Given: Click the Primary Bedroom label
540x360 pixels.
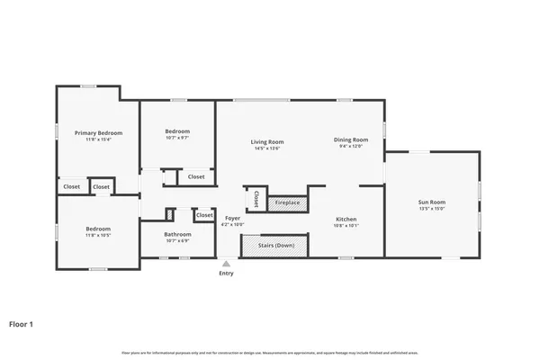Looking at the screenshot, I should (97, 132).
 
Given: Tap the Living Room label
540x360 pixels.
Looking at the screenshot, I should (266, 141).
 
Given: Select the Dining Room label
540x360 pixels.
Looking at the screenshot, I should (351, 139).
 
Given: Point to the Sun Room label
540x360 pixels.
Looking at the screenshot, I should (431, 202).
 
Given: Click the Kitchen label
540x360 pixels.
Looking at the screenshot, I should (346, 220).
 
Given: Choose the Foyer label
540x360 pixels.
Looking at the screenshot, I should (232, 218).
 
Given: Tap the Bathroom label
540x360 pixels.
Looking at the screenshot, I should (177, 235).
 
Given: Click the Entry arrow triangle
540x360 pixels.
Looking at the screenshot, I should (226, 264).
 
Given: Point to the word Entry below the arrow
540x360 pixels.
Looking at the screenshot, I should (226, 274).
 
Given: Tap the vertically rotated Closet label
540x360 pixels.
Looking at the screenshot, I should (256, 198).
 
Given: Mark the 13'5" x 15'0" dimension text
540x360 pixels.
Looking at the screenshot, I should (431, 209).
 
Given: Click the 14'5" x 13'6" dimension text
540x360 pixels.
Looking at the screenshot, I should (266, 148).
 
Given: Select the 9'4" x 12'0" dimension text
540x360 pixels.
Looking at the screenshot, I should (351, 147).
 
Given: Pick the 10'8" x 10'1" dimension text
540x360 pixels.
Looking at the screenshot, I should (346, 227).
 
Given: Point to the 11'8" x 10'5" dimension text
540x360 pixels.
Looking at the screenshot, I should (97, 236).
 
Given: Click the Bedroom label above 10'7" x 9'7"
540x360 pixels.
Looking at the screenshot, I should (177, 131).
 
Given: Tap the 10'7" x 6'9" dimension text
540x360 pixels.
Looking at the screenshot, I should (177, 241).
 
